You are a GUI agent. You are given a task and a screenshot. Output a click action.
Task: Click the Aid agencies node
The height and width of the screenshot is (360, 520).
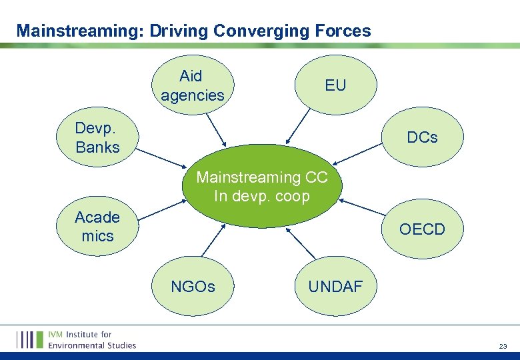pyautogui.click(x=193, y=86)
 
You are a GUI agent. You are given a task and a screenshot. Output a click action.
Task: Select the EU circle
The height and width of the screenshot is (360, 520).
pyautogui.click(x=335, y=85)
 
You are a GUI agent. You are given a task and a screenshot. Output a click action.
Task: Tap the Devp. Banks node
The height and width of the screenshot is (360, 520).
pyautogui.click(x=98, y=138)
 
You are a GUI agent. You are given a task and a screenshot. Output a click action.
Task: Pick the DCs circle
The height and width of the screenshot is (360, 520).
pyautogui.click(x=422, y=138)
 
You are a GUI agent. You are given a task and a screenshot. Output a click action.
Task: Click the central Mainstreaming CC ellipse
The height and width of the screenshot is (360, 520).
pyautogui.click(x=261, y=187)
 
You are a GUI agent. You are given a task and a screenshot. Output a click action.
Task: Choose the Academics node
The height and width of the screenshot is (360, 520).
pyautogui.click(x=98, y=227)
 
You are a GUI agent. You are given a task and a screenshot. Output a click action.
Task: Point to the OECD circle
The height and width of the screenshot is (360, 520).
pyautogui.click(x=422, y=229)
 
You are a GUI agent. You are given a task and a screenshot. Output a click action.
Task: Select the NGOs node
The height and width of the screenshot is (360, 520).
pyautogui.click(x=193, y=286)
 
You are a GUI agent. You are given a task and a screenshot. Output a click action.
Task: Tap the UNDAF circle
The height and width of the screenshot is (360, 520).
pyautogui.click(x=335, y=286)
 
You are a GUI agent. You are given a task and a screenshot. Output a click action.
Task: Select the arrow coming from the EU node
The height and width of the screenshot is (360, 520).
pyautogui.click(x=298, y=127)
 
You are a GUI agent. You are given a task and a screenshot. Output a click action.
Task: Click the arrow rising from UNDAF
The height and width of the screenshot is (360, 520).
pyautogui.click(x=302, y=245)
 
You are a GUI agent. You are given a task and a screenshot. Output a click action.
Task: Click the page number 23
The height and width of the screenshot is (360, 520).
pyautogui.click(x=502, y=345)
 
